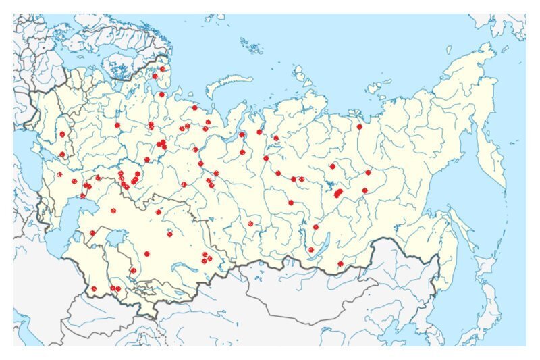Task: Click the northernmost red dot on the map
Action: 162,69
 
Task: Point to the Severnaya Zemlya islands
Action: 301,74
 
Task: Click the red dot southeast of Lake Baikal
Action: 340,263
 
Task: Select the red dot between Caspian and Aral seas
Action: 92,233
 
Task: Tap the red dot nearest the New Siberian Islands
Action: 360,126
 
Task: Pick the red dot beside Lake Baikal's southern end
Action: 311,249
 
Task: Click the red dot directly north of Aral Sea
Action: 113,211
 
